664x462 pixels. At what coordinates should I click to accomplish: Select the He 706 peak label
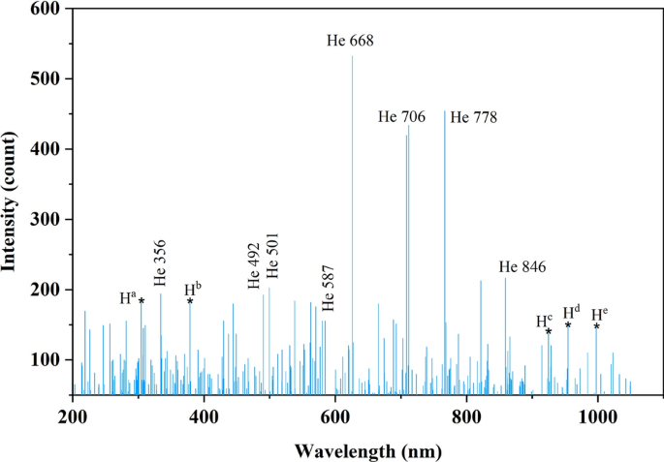click(x=402, y=117)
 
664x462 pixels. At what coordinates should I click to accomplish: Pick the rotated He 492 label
click(x=254, y=266)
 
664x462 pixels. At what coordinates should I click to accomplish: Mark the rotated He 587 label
click(x=328, y=286)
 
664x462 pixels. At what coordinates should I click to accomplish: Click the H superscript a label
click(x=128, y=297)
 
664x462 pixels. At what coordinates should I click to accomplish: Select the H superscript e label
click(x=599, y=313)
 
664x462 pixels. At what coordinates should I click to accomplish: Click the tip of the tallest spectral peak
click(x=352, y=56)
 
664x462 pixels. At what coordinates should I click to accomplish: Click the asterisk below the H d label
click(x=568, y=324)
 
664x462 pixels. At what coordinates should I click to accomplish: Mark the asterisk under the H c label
click(x=549, y=332)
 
